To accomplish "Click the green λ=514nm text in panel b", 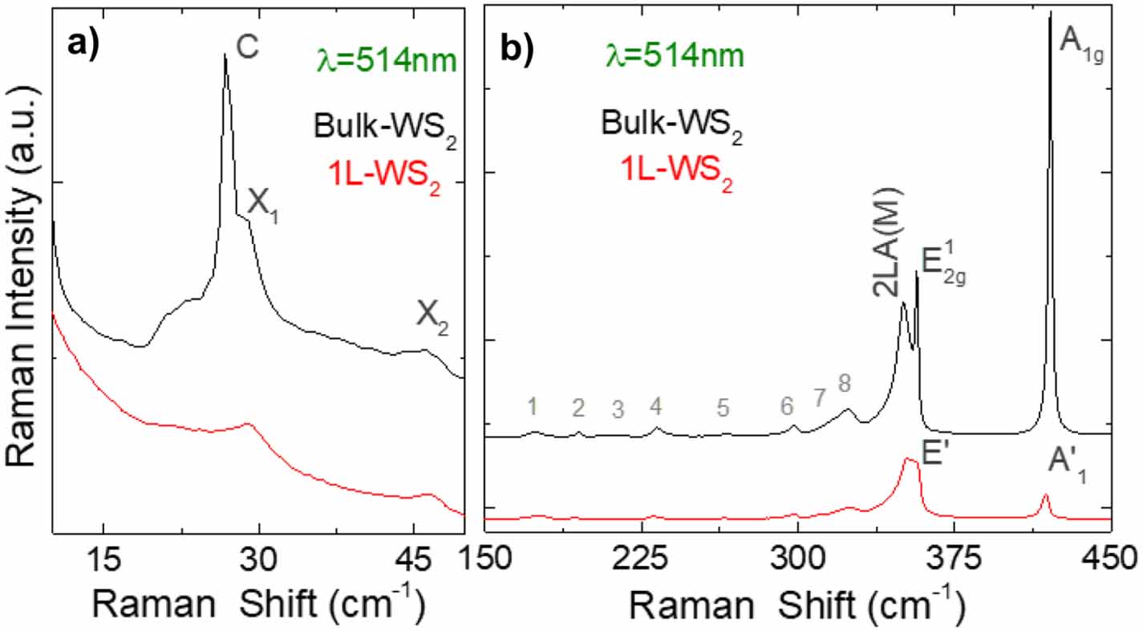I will pos(674,57).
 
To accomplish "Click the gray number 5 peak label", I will pos(723,409).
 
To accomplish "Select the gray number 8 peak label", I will pos(844,384).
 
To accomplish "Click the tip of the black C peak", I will pos(225,55).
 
